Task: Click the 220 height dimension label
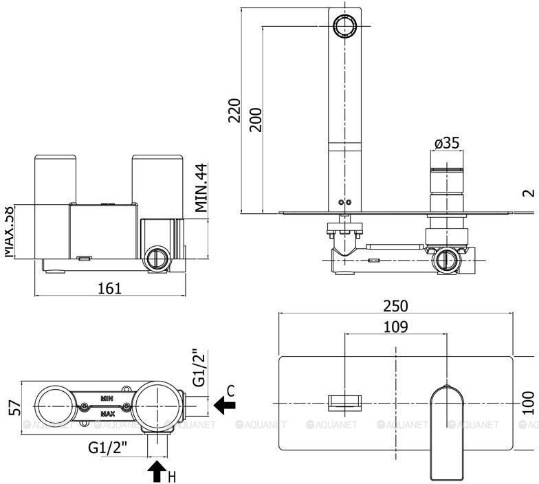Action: point(234,111)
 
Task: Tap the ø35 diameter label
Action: point(446,143)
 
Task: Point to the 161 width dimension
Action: point(109,288)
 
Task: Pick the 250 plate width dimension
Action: point(396,306)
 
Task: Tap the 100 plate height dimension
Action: point(528,402)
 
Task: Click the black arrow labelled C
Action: point(223,406)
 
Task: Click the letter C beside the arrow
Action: point(231,390)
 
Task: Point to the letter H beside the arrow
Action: point(173,476)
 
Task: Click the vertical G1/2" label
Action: point(199,368)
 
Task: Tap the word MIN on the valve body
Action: point(107,398)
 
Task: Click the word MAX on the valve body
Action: point(107,414)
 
